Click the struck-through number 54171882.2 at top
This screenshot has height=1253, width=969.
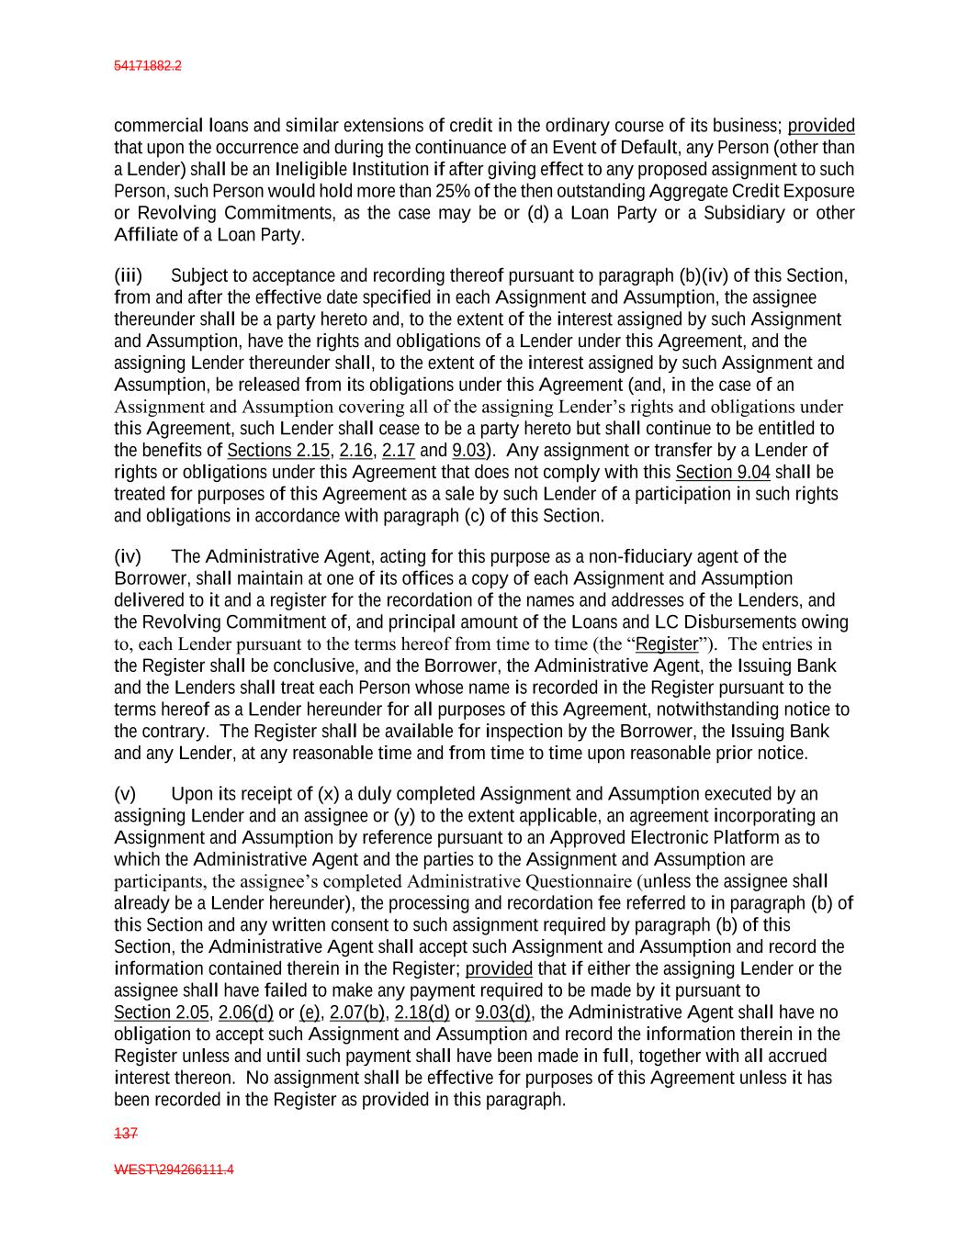click(147, 66)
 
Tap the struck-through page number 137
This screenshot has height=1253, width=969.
click(125, 1134)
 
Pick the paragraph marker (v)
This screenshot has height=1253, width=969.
click(125, 794)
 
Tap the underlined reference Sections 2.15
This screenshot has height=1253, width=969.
click(278, 451)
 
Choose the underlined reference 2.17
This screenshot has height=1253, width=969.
click(399, 451)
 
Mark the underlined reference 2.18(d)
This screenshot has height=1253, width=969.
click(422, 1012)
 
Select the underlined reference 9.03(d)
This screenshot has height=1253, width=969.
click(502, 1012)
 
